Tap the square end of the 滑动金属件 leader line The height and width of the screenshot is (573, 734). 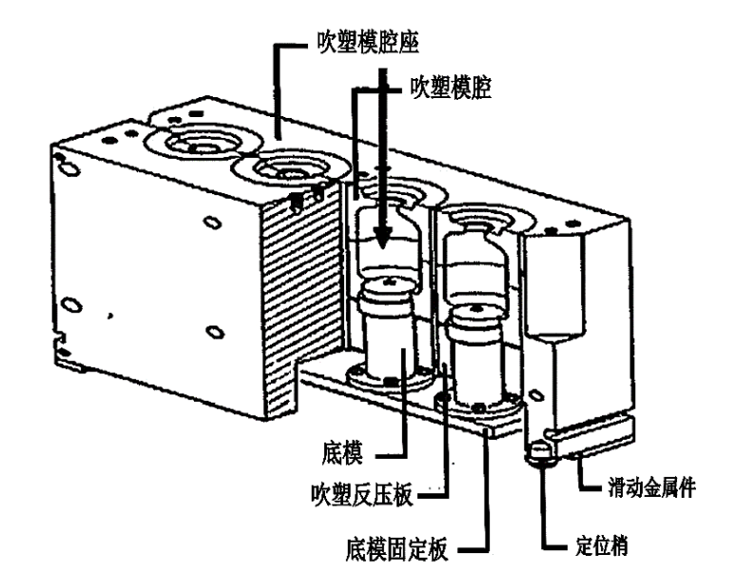click(589, 490)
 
